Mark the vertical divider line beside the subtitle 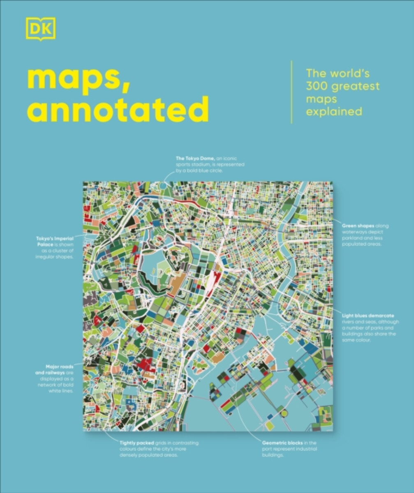[291, 92]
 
